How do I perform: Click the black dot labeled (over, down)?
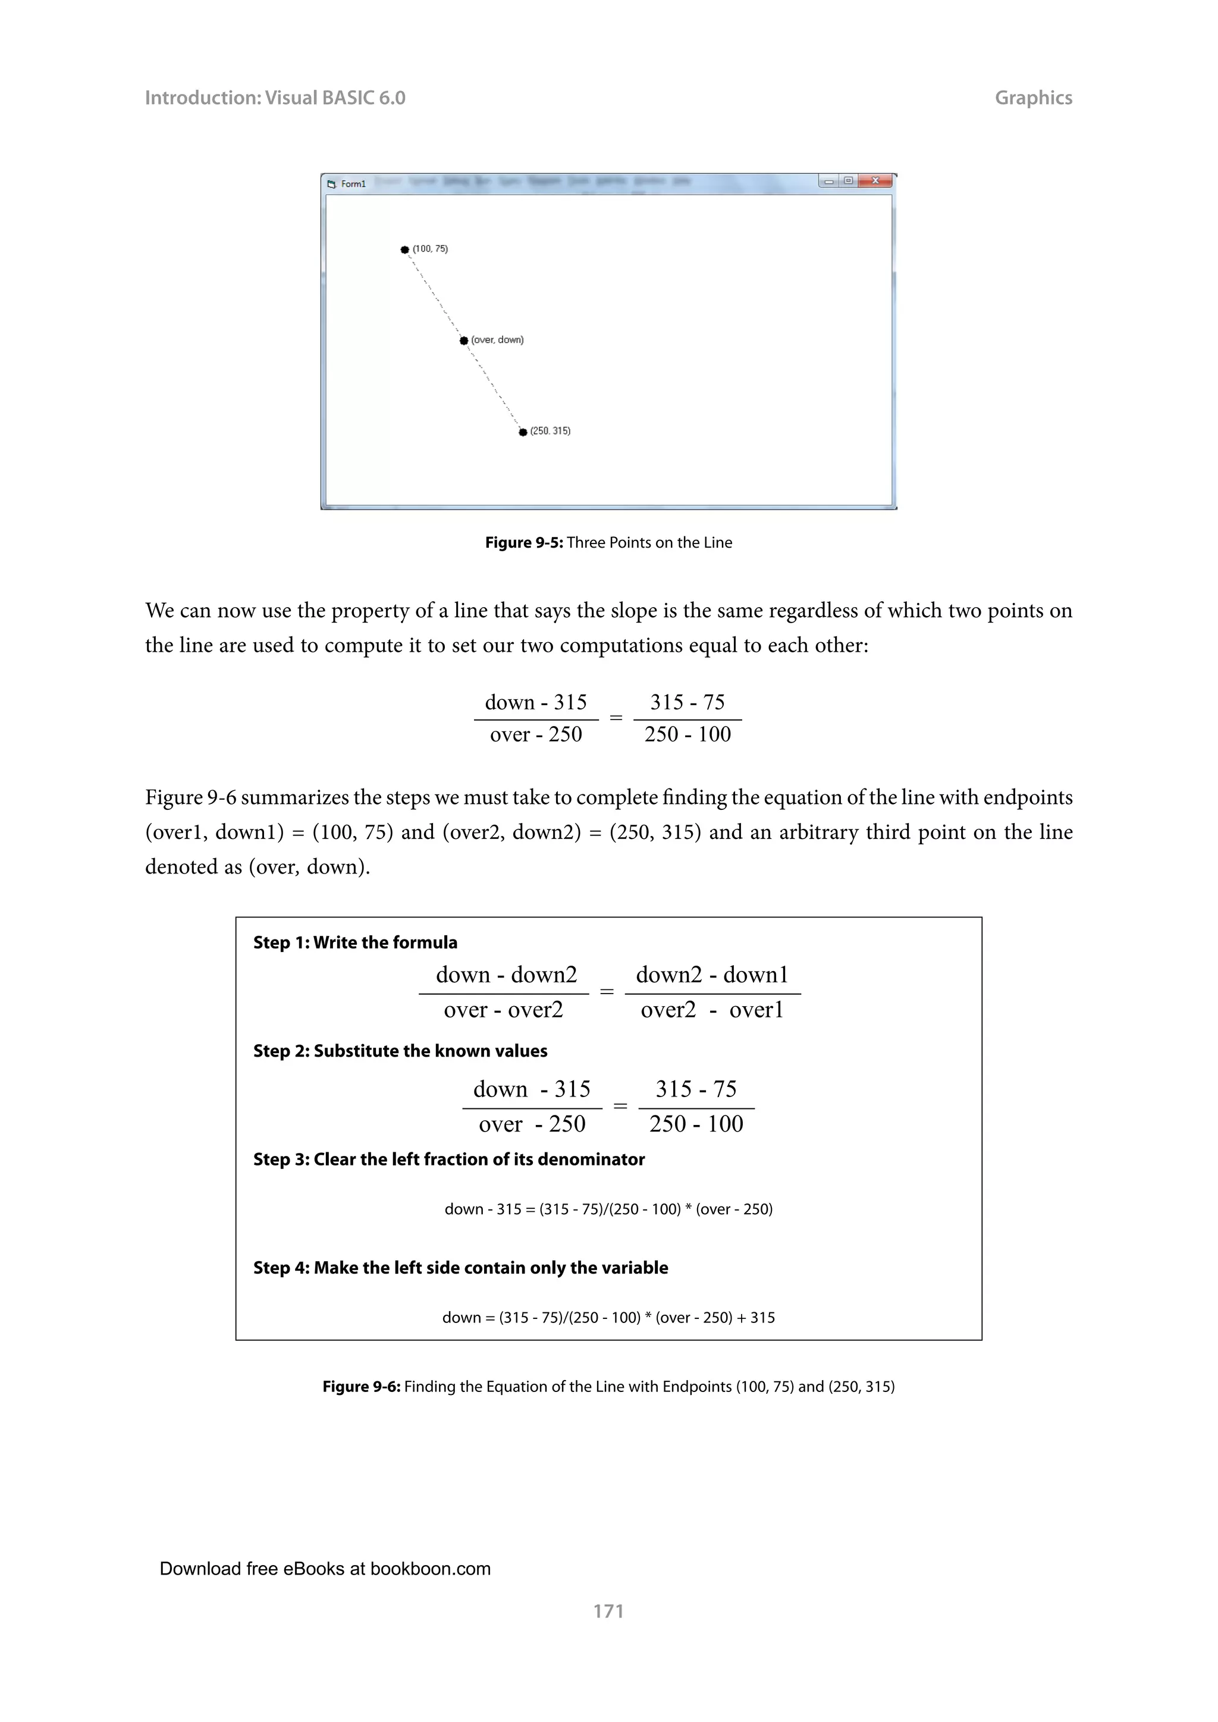pyautogui.click(x=463, y=341)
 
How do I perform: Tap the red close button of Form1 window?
pyautogui.click(x=875, y=181)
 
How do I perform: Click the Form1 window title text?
pyautogui.click(x=353, y=184)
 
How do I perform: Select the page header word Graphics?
pyautogui.click(x=1033, y=98)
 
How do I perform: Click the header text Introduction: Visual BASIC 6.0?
pyautogui.click(x=275, y=98)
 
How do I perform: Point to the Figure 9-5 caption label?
pyautogui.click(x=523, y=542)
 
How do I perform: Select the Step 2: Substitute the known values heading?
pyautogui.click(x=400, y=1050)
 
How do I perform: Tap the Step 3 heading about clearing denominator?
pyautogui.click(x=448, y=1159)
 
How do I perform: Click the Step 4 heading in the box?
pyautogui.click(x=460, y=1268)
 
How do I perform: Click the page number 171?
pyautogui.click(x=608, y=1611)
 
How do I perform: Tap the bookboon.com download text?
pyautogui.click(x=325, y=1568)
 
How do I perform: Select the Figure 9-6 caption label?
pyautogui.click(x=362, y=1386)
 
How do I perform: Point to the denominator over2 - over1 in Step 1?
pyautogui.click(x=712, y=1010)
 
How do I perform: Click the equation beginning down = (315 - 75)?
pyautogui.click(x=608, y=1317)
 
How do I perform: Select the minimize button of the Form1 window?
pyautogui.click(x=828, y=181)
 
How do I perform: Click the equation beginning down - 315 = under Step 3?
pyautogui.click(x=608, y=1209)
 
